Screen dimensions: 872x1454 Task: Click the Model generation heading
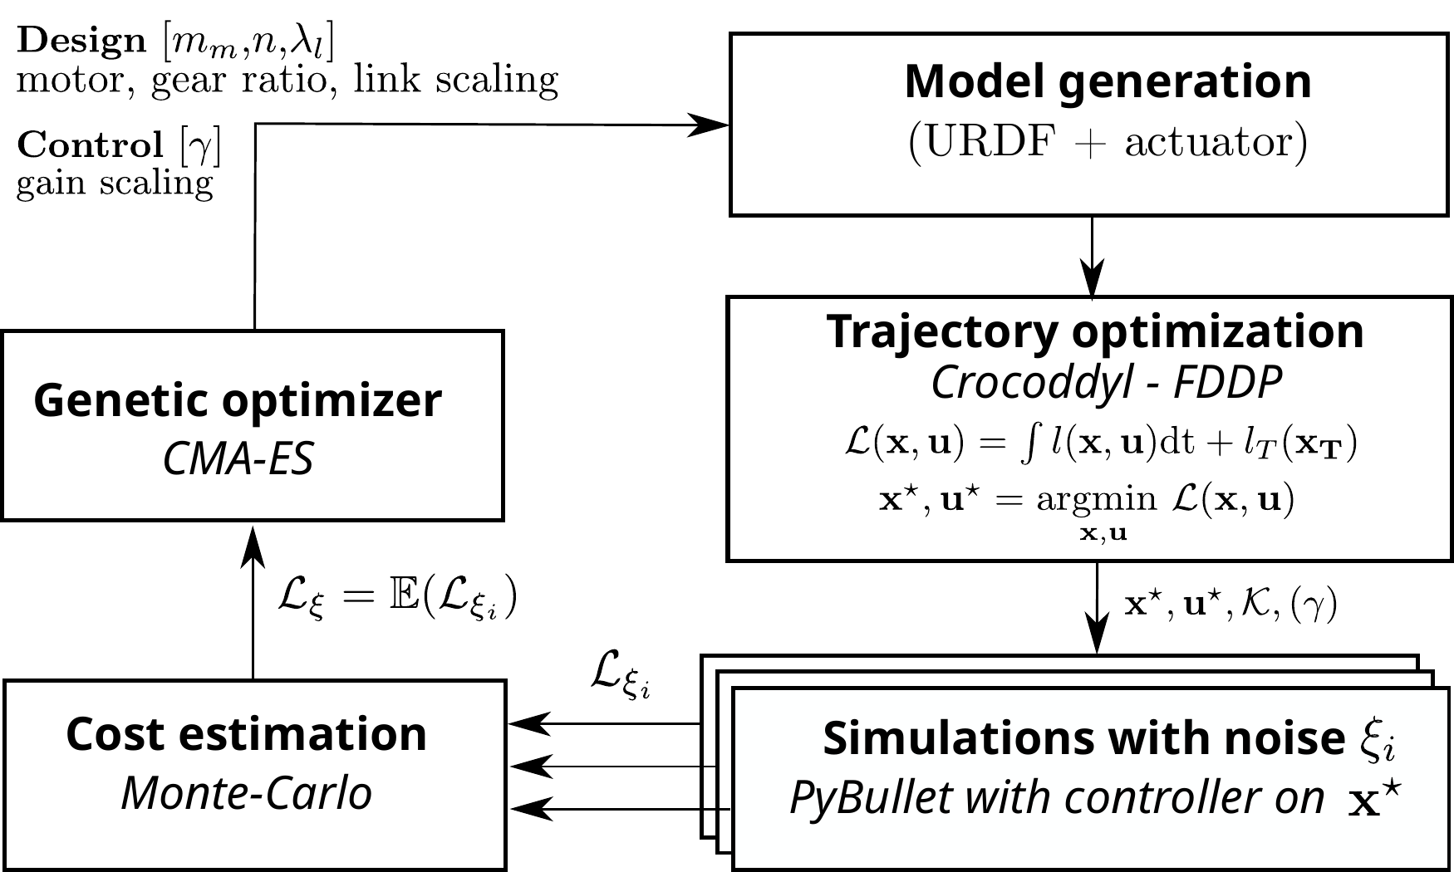(x=1107, y=82)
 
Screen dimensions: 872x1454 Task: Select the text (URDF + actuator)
(x=1107, y=143)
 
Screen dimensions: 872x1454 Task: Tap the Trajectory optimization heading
(x=1094, y=331)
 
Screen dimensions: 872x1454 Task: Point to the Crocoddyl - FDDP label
(x=1105, y=383)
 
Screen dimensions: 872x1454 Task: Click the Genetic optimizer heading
(x=238, y=401)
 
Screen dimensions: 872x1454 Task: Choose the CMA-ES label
(x=238, y=458)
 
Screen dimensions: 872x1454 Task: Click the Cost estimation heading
(x=246, y=735)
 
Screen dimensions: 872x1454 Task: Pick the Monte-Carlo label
(x=246, y=793)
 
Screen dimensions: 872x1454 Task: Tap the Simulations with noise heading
(x=1083, y=737)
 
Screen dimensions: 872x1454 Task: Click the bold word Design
(x=81, y=41)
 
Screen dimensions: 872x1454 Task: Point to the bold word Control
(x=90, y=145)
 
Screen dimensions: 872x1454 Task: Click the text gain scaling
(x=115, y=184)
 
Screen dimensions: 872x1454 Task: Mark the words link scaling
(x=455, y=81)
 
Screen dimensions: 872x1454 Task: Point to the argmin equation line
(x=1086, y=501)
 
